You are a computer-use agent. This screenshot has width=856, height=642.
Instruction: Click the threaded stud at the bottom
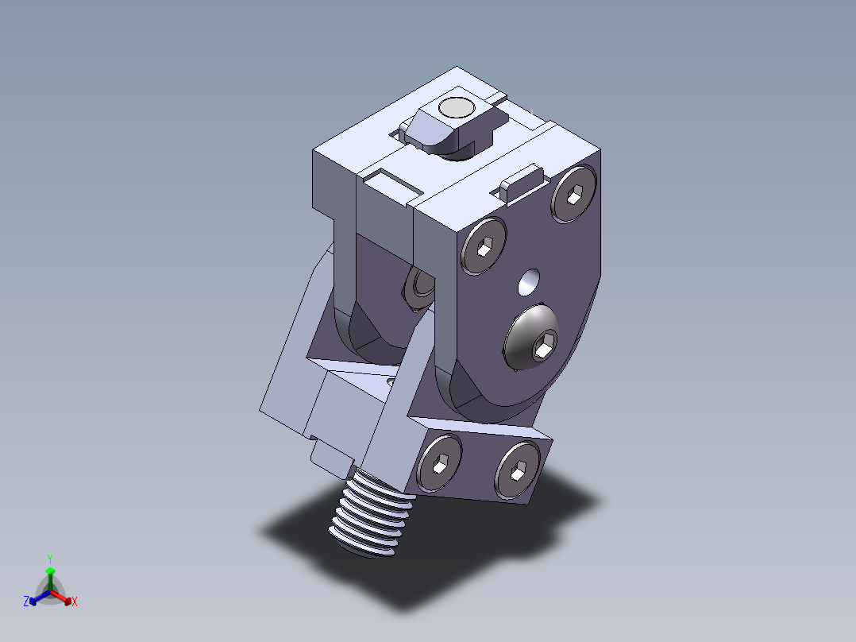tap(372, 513)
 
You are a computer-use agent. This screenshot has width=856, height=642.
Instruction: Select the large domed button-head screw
tap(532, 337)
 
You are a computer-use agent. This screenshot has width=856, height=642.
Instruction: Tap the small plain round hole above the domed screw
tap(529, 283)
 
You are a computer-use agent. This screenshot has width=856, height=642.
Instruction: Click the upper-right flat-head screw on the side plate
tap(574, 194)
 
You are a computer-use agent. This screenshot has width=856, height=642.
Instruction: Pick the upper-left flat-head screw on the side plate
tap(484, 246)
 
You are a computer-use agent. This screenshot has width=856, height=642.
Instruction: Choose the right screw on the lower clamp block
tap(517, 470)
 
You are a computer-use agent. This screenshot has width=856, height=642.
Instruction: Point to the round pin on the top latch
tap(457, 108)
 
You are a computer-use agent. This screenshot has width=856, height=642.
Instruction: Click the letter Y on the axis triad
tap(50, 559)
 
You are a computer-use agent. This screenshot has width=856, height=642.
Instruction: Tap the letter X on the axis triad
tap(75, 601)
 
